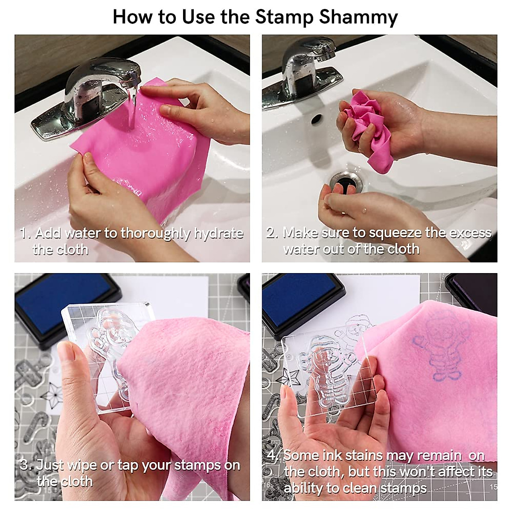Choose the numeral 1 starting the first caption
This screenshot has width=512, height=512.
24,234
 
